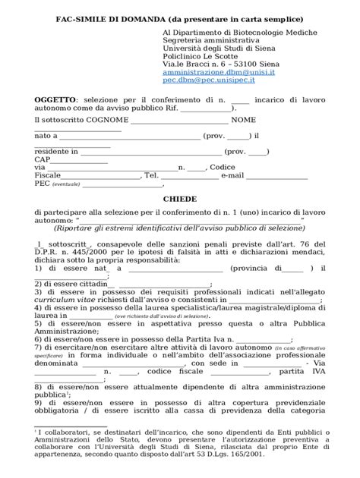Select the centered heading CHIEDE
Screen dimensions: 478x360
coord(180,199)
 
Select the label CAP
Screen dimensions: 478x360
coord(43,159)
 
